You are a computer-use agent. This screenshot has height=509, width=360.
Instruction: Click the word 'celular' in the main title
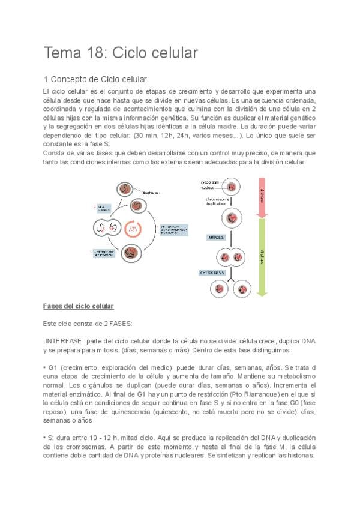point(174,53)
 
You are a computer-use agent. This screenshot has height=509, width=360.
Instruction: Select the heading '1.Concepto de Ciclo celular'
point(95,79)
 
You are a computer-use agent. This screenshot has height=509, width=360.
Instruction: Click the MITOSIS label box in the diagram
point(216,237)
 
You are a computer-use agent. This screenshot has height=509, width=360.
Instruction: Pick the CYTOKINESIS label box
point(212,272)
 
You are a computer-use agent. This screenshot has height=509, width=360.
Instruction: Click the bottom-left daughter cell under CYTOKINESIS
point(217,289)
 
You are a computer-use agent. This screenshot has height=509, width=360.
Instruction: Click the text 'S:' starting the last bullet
point(50,438)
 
